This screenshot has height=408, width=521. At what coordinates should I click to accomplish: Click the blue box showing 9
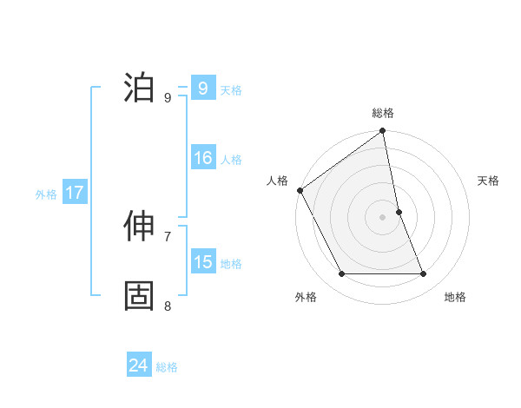click(202, 89)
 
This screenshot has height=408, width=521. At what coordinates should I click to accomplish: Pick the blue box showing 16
click(203, 159)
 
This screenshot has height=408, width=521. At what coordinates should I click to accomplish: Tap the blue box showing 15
click(203, 263)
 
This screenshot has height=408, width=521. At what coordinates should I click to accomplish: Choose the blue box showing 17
click(75, 194)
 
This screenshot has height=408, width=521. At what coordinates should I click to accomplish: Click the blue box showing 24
click(139, 366)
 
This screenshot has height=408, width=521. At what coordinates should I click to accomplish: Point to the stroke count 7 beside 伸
click(168, 236)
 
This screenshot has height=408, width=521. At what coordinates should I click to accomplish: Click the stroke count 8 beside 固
click(168, 306)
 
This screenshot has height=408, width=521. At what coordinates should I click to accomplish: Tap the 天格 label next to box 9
click(231, 89)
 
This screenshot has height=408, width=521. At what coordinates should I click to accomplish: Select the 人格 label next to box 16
click(231, 160)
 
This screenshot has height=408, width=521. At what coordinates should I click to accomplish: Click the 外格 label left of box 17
click(46, 194)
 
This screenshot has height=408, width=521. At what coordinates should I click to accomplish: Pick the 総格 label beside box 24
click(167, 367)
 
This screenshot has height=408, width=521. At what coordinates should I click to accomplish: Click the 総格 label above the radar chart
click(383, 113)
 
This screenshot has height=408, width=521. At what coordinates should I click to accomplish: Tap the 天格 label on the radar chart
click(489, 181)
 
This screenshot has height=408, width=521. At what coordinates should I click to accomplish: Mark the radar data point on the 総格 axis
click(383, 132)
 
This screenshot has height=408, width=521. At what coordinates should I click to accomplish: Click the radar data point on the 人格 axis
click(300, 190)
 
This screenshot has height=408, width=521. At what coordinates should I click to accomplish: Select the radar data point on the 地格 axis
click(424, 274)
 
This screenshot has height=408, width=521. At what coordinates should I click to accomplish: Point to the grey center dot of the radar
click(383, 217)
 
